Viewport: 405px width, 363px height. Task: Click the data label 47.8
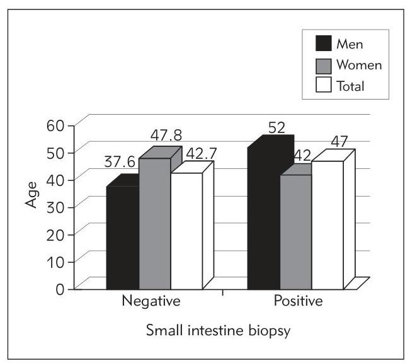168,135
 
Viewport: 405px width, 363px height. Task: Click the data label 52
277,127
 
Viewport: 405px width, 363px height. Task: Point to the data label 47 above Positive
339,141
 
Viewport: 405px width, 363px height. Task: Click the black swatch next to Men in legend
323,45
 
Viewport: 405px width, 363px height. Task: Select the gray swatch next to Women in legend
323,66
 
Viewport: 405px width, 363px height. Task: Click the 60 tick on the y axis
56,124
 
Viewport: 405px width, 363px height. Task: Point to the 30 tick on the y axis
56,206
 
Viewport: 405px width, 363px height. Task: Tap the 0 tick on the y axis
60,288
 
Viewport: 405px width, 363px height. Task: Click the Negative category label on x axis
151,301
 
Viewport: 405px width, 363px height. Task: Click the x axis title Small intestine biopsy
205,330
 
